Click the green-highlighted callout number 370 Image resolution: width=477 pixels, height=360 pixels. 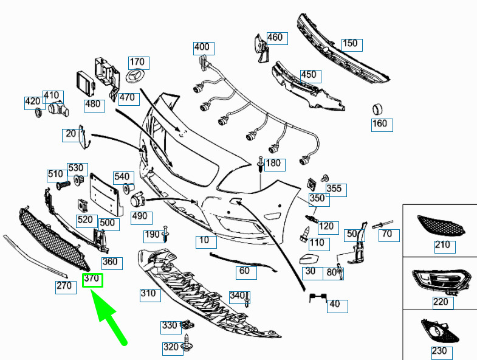92,280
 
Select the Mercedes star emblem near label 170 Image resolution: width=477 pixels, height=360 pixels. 135,77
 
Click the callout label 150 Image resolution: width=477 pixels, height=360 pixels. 352,45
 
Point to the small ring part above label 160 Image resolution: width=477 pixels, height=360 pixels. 377,109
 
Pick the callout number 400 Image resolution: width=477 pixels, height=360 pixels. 204,49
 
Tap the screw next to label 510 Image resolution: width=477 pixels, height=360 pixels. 64,185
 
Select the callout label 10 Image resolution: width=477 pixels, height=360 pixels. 206,242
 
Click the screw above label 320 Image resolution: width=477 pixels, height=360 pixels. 186,342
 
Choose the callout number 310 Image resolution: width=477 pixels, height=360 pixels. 150,295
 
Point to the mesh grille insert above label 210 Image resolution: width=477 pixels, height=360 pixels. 441,225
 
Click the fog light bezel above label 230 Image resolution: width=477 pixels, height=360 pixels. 439,331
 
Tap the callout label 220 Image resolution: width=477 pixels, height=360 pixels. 443,303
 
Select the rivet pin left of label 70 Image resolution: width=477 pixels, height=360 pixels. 382,224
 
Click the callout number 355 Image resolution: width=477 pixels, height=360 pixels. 336,190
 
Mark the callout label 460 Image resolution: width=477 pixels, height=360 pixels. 277,38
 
